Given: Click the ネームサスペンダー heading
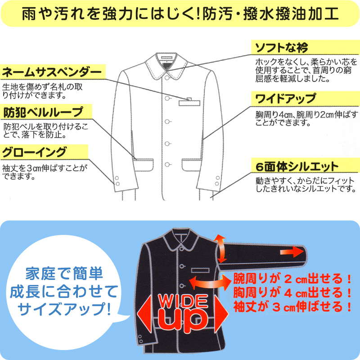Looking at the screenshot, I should coord(52,72).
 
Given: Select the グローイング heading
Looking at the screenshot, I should coord(35,151).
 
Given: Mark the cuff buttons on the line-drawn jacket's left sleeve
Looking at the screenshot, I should coord(117,181).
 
